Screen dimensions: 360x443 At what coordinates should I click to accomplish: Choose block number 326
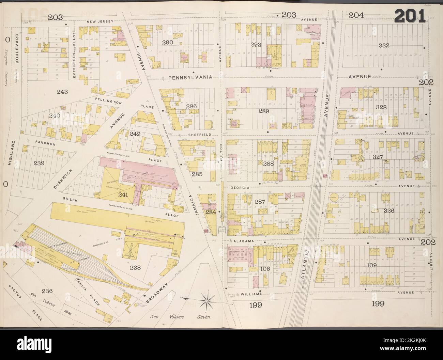coord(388,211)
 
